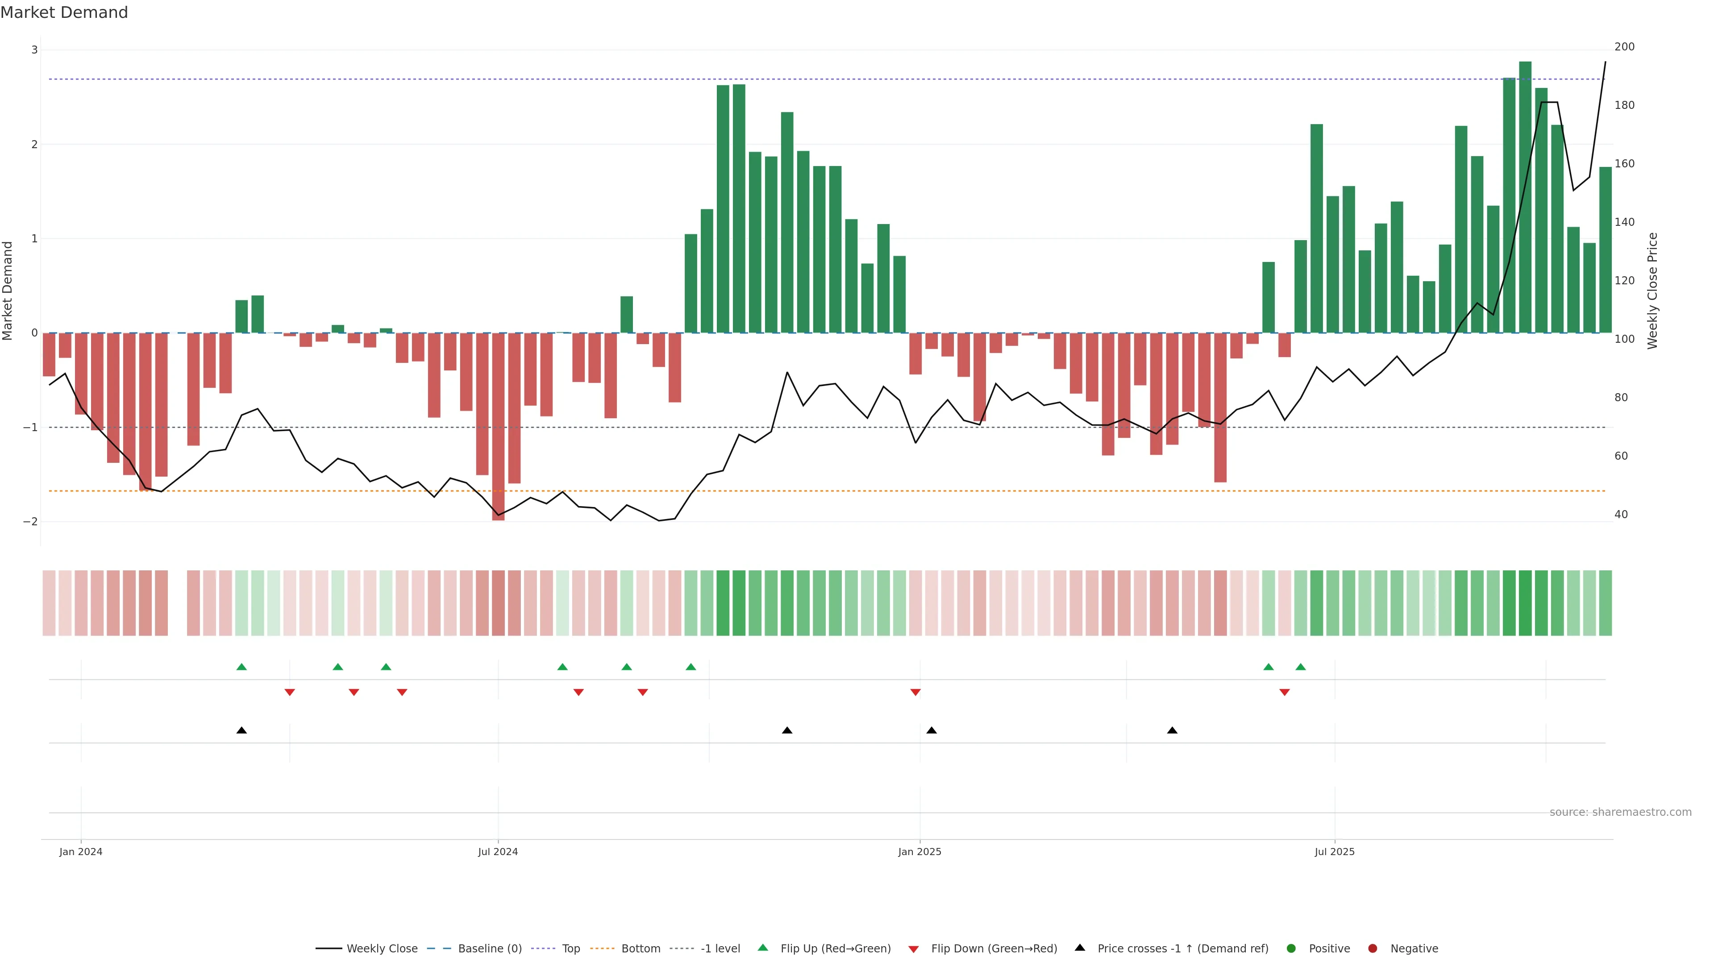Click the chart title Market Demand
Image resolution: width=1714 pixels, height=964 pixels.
pos(64,12)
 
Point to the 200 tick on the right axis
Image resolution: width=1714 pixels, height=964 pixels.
pos(1624,46)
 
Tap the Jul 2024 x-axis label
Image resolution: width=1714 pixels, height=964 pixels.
pos(498,852)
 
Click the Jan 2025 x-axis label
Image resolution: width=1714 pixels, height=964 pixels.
pos(919,852)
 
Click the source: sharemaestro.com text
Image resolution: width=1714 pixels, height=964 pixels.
pos(1620,812)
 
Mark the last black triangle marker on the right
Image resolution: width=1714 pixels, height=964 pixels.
pos(1173,731)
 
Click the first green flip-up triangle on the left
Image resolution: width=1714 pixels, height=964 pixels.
pos(241,667)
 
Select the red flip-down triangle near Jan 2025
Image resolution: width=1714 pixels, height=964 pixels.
pos(915,693)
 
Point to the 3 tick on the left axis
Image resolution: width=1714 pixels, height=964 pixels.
pos(35,50)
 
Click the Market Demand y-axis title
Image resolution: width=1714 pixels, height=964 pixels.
pos(7,291)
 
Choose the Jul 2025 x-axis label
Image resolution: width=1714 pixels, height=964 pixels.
pos(1334,852)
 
